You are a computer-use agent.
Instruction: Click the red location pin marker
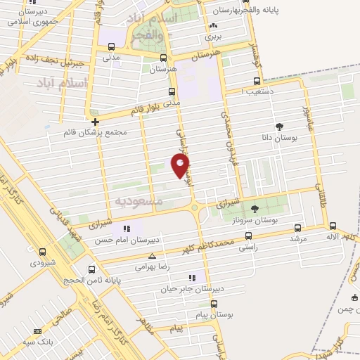click(180, 165)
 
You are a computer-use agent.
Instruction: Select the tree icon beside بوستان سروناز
click(255, 208)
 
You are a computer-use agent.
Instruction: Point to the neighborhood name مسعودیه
click(139, 201)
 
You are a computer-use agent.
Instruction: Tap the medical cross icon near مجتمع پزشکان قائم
click(95, 122)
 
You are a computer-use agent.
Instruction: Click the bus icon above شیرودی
click(43, 251)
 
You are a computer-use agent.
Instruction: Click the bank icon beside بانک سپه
click(37, 331)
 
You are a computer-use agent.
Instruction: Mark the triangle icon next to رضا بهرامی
click(152, 257)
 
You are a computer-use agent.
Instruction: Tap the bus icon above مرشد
click(298, 228)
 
